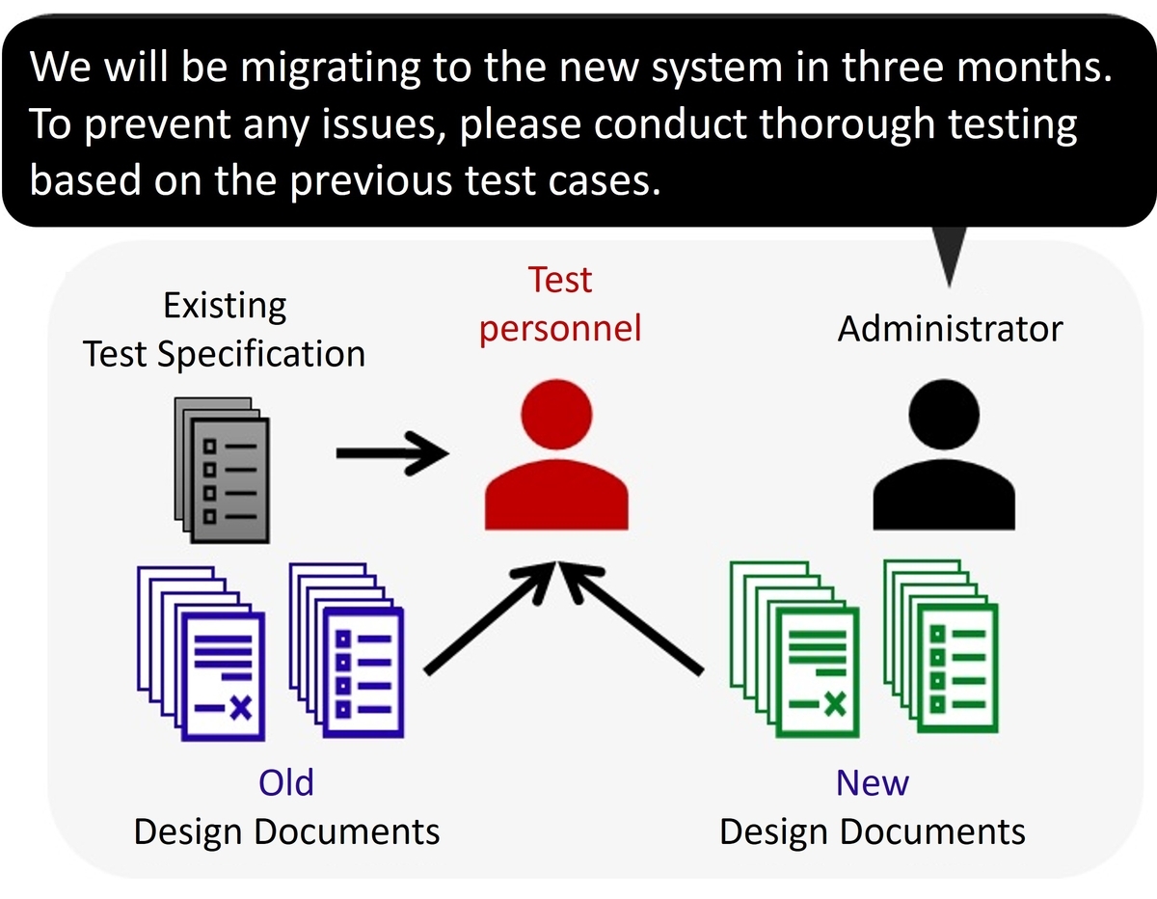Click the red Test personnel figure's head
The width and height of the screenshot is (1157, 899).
pos(556,414)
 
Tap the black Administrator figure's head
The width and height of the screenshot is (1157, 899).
pos(944,414)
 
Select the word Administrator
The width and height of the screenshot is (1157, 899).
pos(950,329)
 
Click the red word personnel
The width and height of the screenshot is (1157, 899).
pos(560,330)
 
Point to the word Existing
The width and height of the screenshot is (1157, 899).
pos(225,307)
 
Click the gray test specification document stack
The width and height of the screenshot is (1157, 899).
pos(222,471)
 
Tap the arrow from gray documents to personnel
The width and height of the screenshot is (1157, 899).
pos(392,453)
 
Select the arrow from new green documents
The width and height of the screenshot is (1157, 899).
pos(631,617)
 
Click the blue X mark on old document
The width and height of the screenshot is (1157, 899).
pos(240,708)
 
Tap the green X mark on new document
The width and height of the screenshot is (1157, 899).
pos(834,704)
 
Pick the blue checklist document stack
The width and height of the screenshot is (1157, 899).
pos(347,650)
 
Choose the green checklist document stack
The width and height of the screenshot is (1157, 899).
pos(941,646)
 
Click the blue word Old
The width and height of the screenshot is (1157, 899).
pos(286,782)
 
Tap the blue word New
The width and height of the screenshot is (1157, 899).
pos(873,782)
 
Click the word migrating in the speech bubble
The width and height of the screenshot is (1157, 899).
pos(330,68)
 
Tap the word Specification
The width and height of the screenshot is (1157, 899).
pos(261,355)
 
